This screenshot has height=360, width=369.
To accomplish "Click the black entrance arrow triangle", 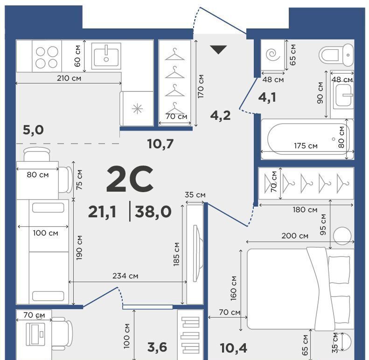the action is tap(218, 49).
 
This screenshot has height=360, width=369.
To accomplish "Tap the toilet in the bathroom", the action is tap(336, 55).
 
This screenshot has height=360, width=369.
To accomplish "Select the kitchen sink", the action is tap(106, 56).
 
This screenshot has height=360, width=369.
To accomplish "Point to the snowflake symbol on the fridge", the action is tap(137, 109).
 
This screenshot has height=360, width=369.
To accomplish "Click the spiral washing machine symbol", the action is tap(273, 55).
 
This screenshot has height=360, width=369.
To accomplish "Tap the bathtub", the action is tap(307, 139).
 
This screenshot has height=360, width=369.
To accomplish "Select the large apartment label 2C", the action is tap(130, 179).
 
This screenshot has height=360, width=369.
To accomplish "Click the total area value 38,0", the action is tap(153, 211).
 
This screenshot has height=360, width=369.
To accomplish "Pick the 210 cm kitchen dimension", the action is tap(69, 78).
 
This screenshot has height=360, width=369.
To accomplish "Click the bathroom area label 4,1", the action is tap(267, 97).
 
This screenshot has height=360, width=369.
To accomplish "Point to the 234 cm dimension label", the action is tap(125, 276).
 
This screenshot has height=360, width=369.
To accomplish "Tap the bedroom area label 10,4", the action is tap(233, 348).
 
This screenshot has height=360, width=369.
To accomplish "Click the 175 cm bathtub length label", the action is tap(306, 146).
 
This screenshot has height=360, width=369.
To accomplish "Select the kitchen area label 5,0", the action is tap(33, 130).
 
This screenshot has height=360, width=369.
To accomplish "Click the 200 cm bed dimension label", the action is tap(295, 235).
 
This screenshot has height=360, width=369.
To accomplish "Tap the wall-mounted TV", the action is tap(198, 253).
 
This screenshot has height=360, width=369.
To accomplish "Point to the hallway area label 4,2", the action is tap(220, 115).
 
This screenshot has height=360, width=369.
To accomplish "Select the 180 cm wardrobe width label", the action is tap(305, 209).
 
